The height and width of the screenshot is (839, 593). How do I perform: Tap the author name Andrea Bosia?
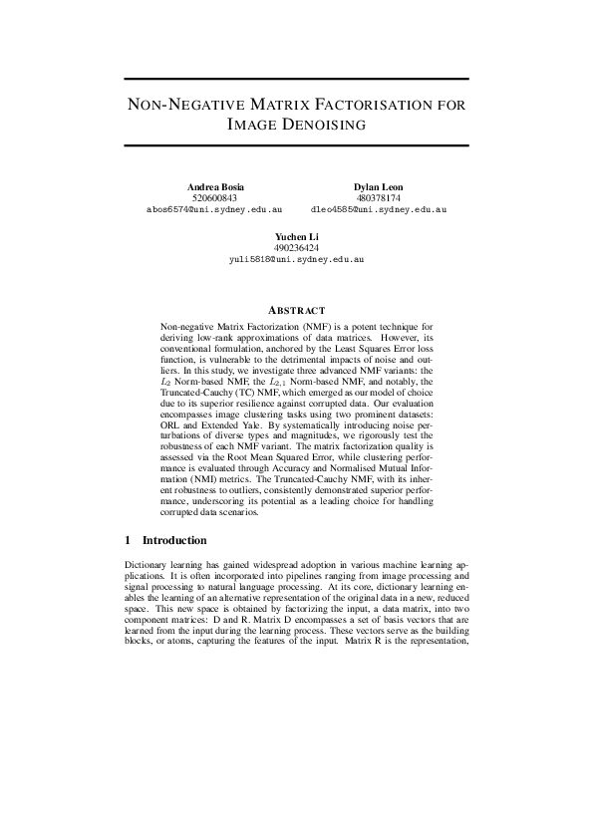pyautogui.click(x=214, y=188)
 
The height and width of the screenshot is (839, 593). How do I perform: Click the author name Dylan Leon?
pyautogui.click(x=378, y=188)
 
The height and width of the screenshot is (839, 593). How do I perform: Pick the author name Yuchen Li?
pyautogui.click(x=296, y=236)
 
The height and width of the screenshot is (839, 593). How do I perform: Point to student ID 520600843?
pyautogui.click(x=214, y=199)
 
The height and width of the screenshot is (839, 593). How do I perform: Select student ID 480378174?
pyautogui.click(x=378, y=199)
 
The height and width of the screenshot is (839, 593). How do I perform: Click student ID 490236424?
pyautogui.click(x=296, y=247)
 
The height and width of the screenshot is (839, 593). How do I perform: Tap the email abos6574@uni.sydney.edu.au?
pyautogui.click(x=214, y=210)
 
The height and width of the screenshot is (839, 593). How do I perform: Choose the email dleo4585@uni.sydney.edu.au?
pyautogui.click(x=378, y=210)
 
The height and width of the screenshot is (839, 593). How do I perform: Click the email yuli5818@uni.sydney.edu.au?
pyautogui.click(x=296, y=258)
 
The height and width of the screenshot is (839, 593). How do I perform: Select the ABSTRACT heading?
pyautogui.click(x=296, y=311)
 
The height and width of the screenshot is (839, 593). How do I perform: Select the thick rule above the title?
pyautogui.click(x=296, y=78)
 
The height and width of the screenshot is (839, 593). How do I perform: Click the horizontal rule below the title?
pyautogui.click(x=296, y=147)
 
